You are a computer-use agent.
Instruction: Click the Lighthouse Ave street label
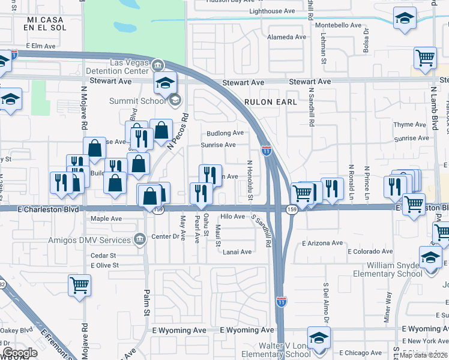[272, 11]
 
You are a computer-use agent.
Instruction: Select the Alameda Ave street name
[286, 37]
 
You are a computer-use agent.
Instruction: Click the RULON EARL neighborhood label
[270, 103]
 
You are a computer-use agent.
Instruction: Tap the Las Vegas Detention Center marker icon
[158, 64]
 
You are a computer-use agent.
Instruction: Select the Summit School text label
[137, 101]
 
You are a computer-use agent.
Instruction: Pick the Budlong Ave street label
[224, 133]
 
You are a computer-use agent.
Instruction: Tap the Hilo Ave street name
[233, 217]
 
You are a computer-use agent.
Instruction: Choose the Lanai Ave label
[238, 252]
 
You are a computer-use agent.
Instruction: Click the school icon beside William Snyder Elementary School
[430, 258]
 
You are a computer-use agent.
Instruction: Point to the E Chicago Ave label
[361, 353]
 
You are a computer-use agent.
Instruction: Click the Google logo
[20, 353]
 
